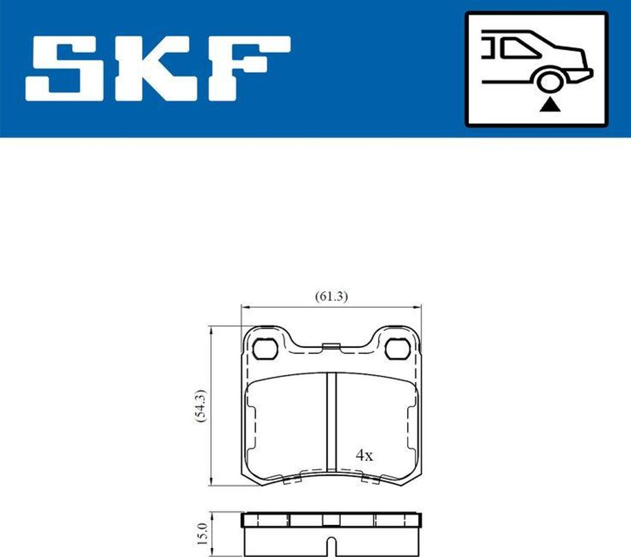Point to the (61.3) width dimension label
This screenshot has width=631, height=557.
click(332, 296)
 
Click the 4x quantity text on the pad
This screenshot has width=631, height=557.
click(364, 456)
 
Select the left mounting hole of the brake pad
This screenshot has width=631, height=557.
click(266, 349)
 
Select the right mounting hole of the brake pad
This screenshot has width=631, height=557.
click(397, 349)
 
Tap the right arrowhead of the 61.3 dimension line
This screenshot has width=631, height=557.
click(417, 306)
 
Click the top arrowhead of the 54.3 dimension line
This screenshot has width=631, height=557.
click(212, 329)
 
